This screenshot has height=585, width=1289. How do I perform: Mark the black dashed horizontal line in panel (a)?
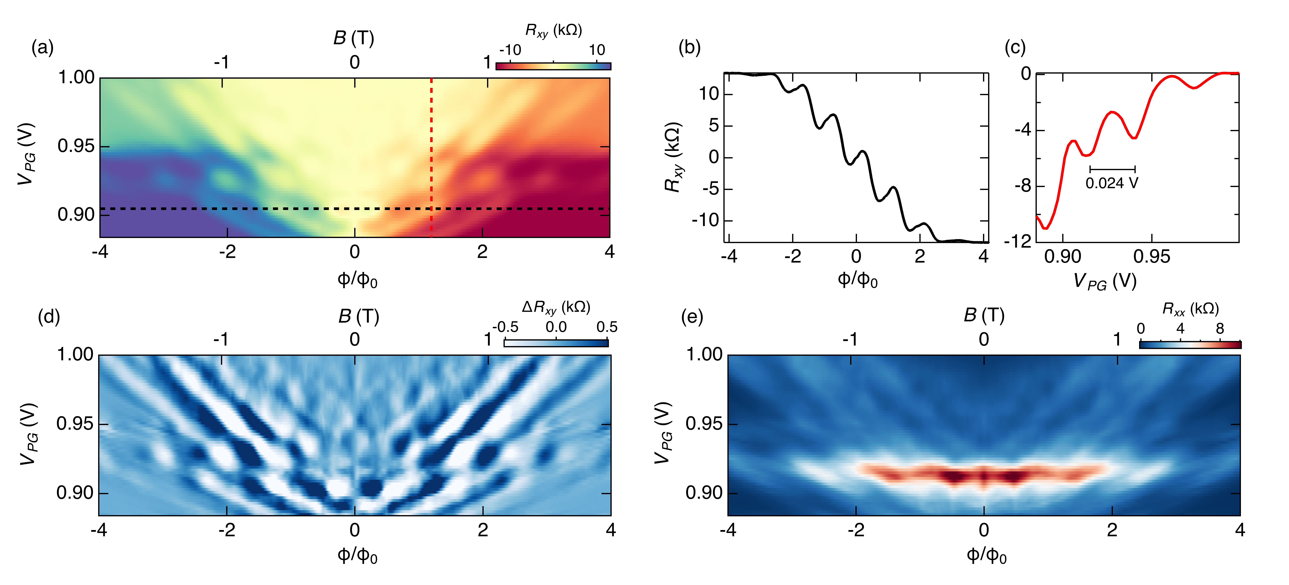pyautogui.click(x=250, y=208)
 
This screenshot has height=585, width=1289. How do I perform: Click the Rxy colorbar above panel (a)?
pyautogui.click(x=553, y=66)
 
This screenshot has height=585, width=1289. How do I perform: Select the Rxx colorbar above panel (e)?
pyautogui.click(x=1190, y=345)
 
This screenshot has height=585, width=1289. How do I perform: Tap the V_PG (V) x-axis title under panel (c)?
pyautogui.click(x=1105, y=282)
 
